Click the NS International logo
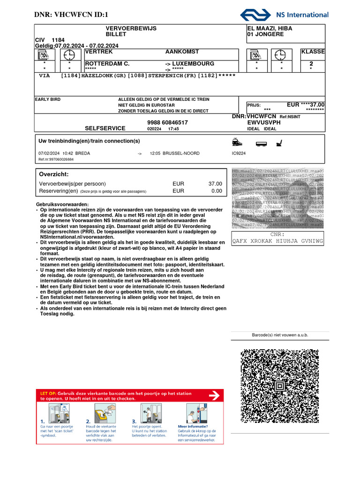coord(284,15)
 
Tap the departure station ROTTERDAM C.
coord(107,63)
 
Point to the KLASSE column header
coord(313,52)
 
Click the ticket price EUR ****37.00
coord(306,105)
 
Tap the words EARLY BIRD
coord(48,99)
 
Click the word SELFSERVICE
coord(105,128)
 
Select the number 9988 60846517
coord(167,122)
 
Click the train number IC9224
coord(239,153)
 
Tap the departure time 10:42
coord(68,153)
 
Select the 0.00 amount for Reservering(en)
coord(217,191)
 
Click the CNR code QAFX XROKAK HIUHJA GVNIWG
coord(277,241)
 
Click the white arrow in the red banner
coord(214,397)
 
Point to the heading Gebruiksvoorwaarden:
coord(62,205)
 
